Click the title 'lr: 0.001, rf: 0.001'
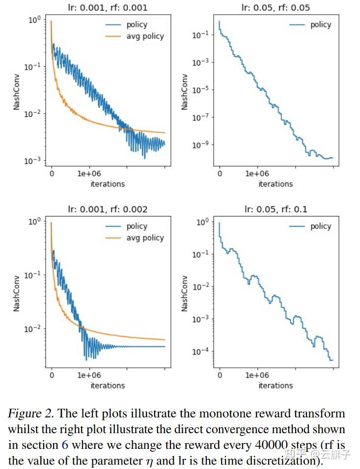108,7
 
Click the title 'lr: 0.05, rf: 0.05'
276,7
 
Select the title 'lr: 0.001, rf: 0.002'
108,209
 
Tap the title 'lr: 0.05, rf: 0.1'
276,209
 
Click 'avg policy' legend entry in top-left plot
145,36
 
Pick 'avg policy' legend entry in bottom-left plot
145,238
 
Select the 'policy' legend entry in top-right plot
321,25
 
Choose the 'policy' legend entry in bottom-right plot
321,226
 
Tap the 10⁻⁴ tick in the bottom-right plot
200,351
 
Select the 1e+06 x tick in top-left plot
89,174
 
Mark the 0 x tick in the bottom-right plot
220,376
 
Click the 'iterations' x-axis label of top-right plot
276,184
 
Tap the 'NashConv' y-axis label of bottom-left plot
17,293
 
